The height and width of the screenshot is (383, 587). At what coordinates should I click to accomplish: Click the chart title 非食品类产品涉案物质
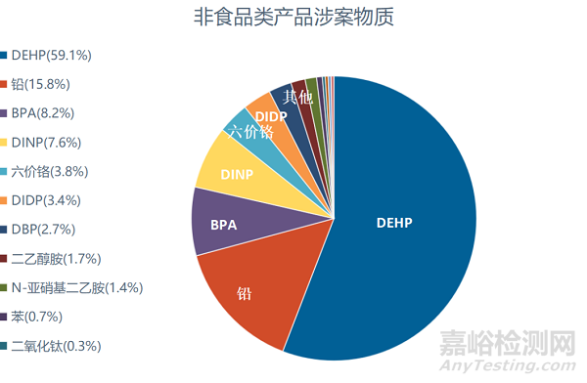[x=294, y=19]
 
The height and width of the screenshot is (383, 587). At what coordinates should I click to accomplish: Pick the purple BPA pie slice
[x=223, y=224]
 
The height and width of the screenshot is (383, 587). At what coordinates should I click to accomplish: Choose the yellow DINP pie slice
[x=237, y=174]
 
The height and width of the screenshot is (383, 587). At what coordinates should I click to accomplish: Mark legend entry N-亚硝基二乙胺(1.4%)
[x=76, y=288]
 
